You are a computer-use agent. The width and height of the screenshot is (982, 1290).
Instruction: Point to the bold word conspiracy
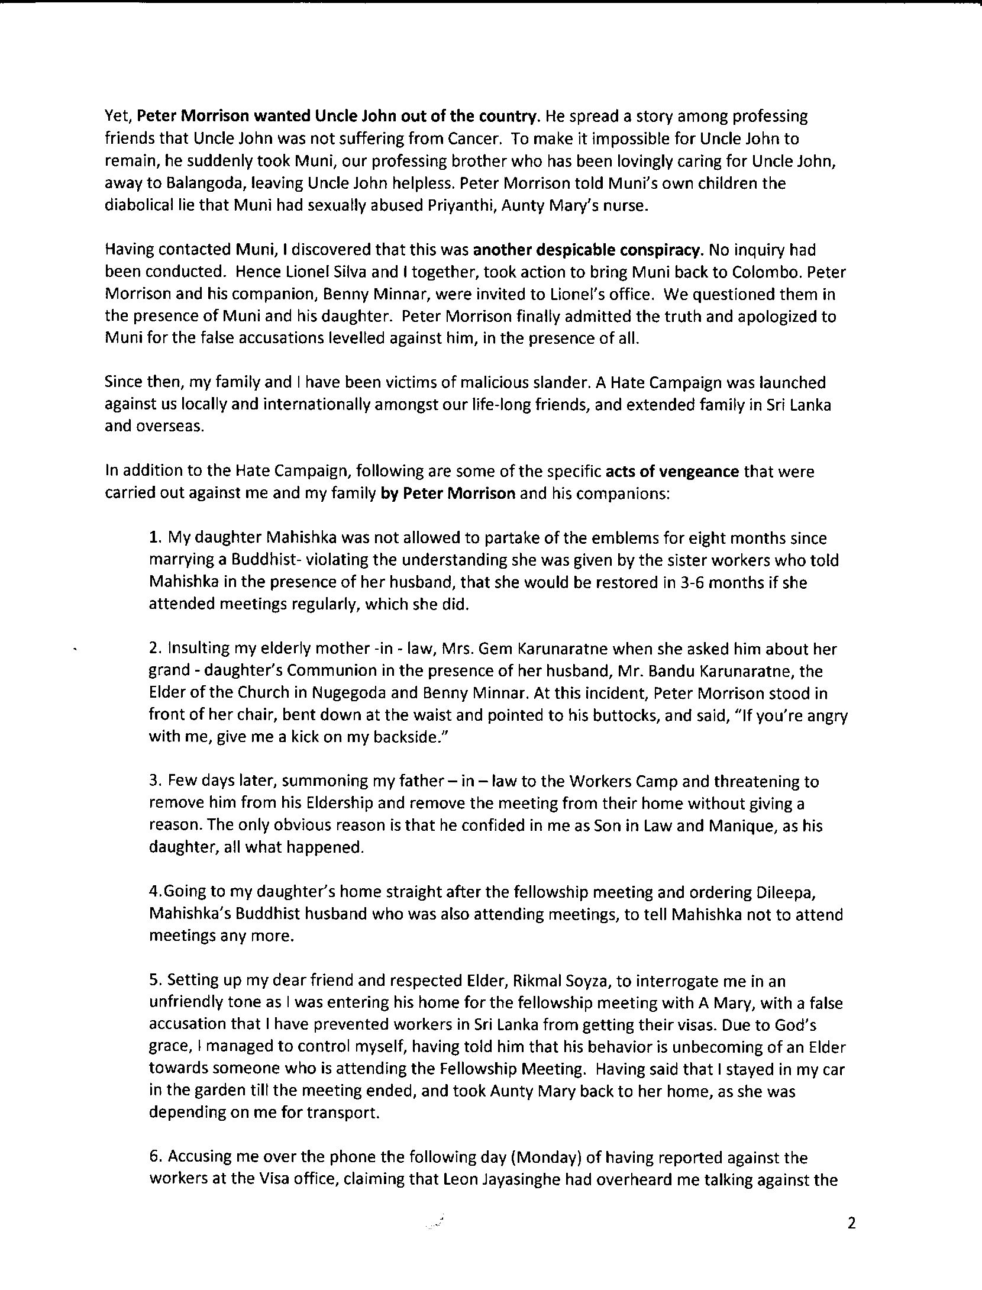point(660,250)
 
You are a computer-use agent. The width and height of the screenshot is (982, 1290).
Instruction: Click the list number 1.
point(155,538)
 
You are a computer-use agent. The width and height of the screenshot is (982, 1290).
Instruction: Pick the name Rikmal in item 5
point(542,981)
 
